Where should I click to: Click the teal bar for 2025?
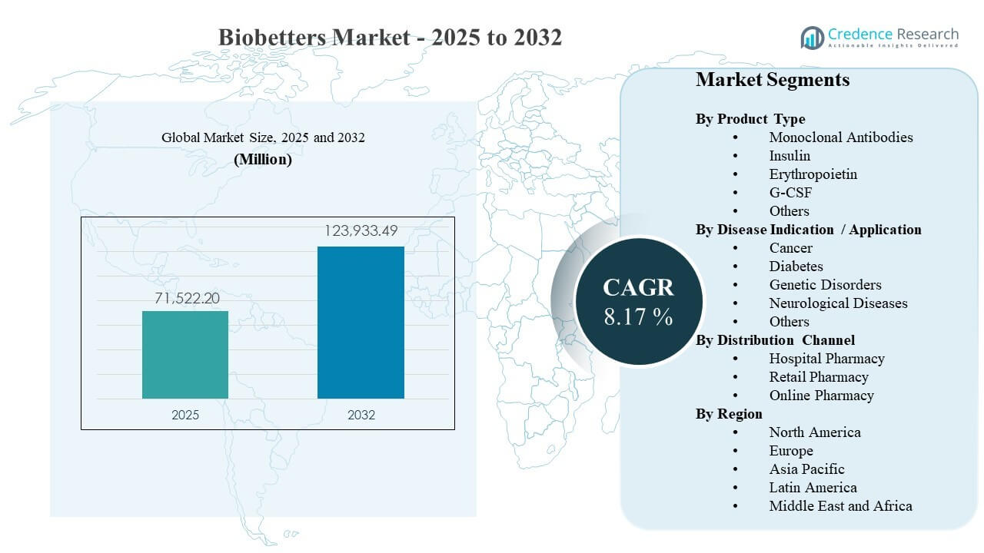pyautogui.click(x=185, y=355)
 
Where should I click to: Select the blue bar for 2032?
pyautogui.click(x=361, y=323)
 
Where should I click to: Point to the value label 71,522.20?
pyautogui.click(x=185, y=298)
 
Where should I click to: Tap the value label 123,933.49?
pyautogui.click(x=361, y=231)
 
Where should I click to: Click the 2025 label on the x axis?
pyautogui.click(x=185, y=415)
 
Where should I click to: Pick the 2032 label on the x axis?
pyautogui.click(x=361, y=415)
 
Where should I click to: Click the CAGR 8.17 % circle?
pyautogui.click(x=638, y=300)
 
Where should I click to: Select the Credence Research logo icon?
pyautogui.click(x=812, y=37)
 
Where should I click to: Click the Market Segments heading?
pyautogui.click(x=773, y=80)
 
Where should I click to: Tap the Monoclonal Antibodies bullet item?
pyautogui.click(x=841, y=137)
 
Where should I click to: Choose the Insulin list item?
pyautogui.click(x=790, y=156)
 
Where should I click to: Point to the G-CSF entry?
pyautogui.click(x=790, y=193)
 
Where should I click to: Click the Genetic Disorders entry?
pyautogui.click(x=825, y=285)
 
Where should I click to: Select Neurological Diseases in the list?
pyautogui.click(x=838, y=303)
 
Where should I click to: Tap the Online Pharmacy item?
pyautogui.click(x=821, y=396)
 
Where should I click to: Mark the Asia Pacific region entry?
pyautogui.click(x=806, y=469)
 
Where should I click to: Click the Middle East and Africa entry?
pyautogui.click(x=840, y=506)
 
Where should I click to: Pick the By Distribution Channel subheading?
pyautogui.click(x=775, y=340)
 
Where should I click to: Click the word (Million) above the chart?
pyautogui.click(x=263, y=160)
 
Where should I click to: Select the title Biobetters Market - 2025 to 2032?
pyautogui.click(x=390, y=37)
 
